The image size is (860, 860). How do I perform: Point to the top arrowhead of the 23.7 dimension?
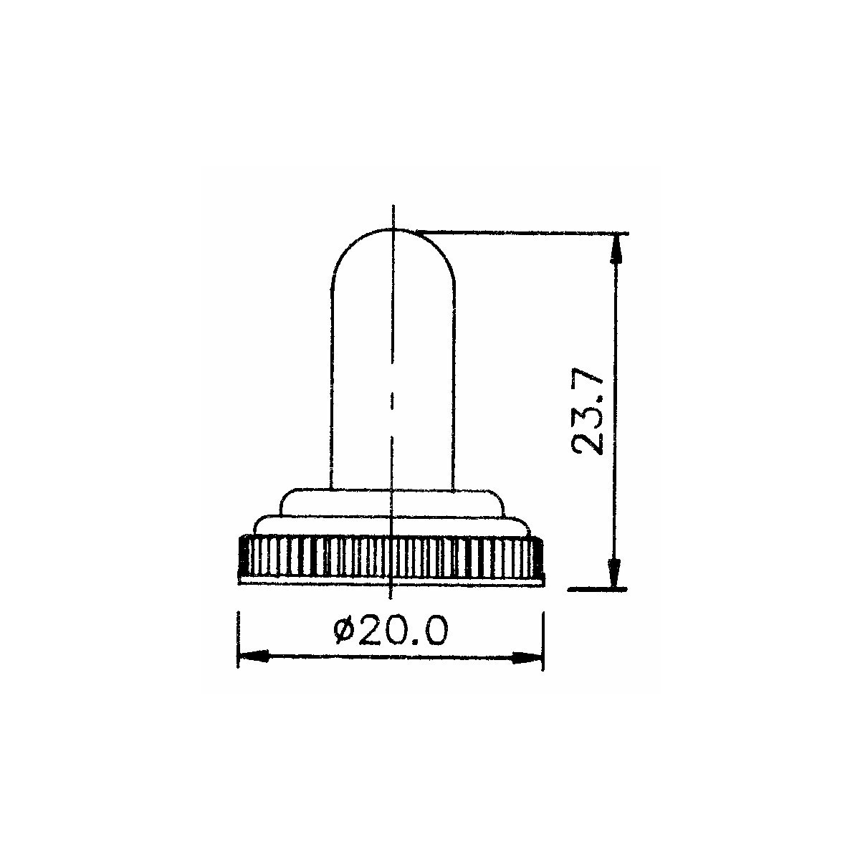(616, 249)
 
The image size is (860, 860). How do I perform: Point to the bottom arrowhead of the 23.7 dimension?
(615, 573)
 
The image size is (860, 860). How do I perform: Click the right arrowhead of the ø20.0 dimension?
(527, 658)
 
